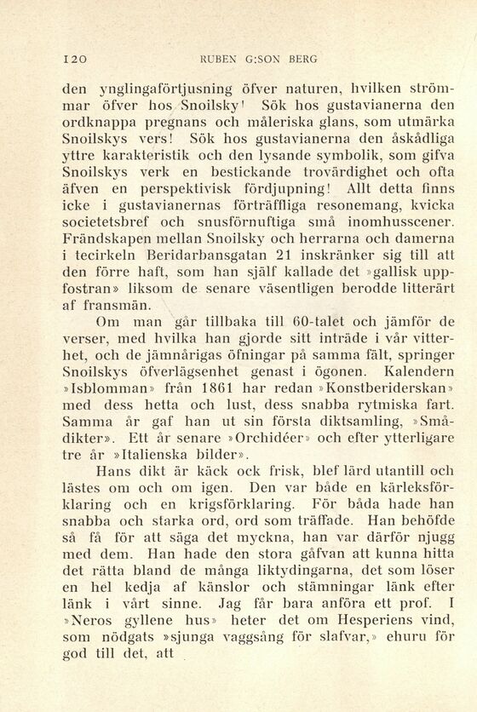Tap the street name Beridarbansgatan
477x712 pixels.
click(x=231, y=267)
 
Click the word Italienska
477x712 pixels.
click(x=135, y=467)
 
